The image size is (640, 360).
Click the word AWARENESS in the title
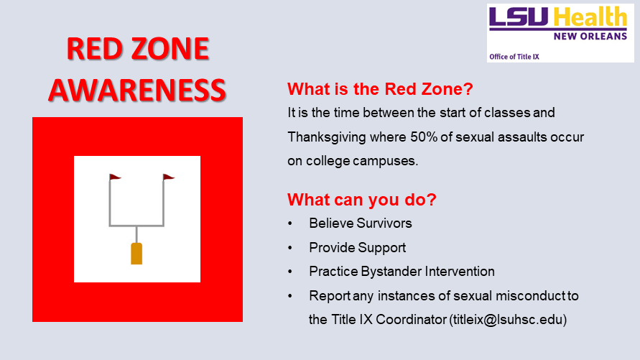(137, 90)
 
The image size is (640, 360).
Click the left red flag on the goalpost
(115, 177)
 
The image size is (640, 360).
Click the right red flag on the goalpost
(169, 177)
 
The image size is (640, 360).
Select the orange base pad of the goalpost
(136, 254)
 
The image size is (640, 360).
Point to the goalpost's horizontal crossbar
(136, 226)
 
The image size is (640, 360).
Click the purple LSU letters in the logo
(519, 17)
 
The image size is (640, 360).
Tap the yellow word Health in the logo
(590, 17)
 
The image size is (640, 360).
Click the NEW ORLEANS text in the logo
(590, 37)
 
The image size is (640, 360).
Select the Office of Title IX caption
(514, 57)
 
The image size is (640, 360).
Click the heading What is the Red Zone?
(380, 89)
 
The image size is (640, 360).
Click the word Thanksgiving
(327, 137)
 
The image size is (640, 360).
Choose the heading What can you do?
(361, 200)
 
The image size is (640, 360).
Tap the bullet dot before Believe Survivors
(290, 223)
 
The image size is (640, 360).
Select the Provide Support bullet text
(357, 248)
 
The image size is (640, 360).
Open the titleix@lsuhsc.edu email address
(508, 320)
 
